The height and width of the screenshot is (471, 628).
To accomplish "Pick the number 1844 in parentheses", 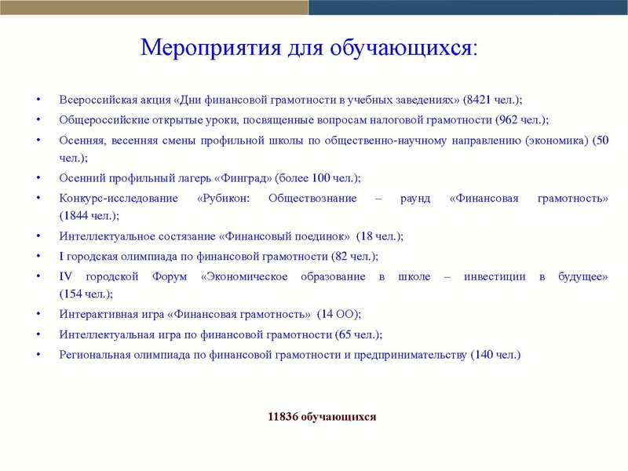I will [x=75, y=215].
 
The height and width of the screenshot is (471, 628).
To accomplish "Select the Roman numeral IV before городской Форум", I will [x=66, y=276].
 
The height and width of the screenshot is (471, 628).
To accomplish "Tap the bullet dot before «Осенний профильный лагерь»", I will [x=38, y=178].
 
